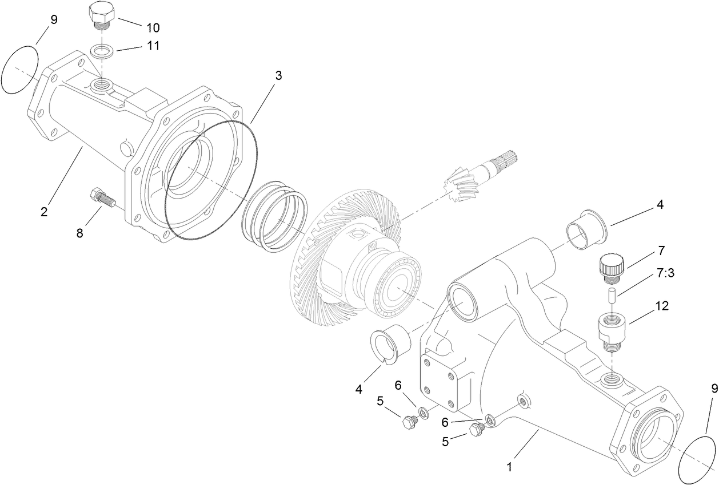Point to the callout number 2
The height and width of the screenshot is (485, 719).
pyautogui.click(x=44, y=212)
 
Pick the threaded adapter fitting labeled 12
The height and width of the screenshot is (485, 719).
pyautogui.click(x=612, y=331)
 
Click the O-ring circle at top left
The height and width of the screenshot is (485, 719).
pyautogui.click(x=19, y=69)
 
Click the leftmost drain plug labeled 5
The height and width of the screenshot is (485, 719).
pyautogui.click(x=410, y=423)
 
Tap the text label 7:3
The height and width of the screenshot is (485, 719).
pyautogui.click(x=666, y=273)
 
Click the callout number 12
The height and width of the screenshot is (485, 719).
pyautogui.click(x=661, y=306)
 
